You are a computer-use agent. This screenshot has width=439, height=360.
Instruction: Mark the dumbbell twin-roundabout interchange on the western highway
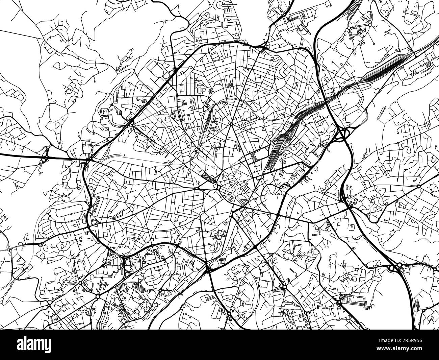coord(44,156)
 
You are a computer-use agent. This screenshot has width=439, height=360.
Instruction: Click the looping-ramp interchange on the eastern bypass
coord(343,135)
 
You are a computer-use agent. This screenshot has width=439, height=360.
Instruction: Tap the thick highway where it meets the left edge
coord(2,154)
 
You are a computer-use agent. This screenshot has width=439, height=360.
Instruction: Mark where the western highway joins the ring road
coord(91,158)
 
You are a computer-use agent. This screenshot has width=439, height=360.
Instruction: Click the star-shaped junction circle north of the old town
coord(231,124)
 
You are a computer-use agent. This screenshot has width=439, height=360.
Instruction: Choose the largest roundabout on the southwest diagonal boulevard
coord(98,296)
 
